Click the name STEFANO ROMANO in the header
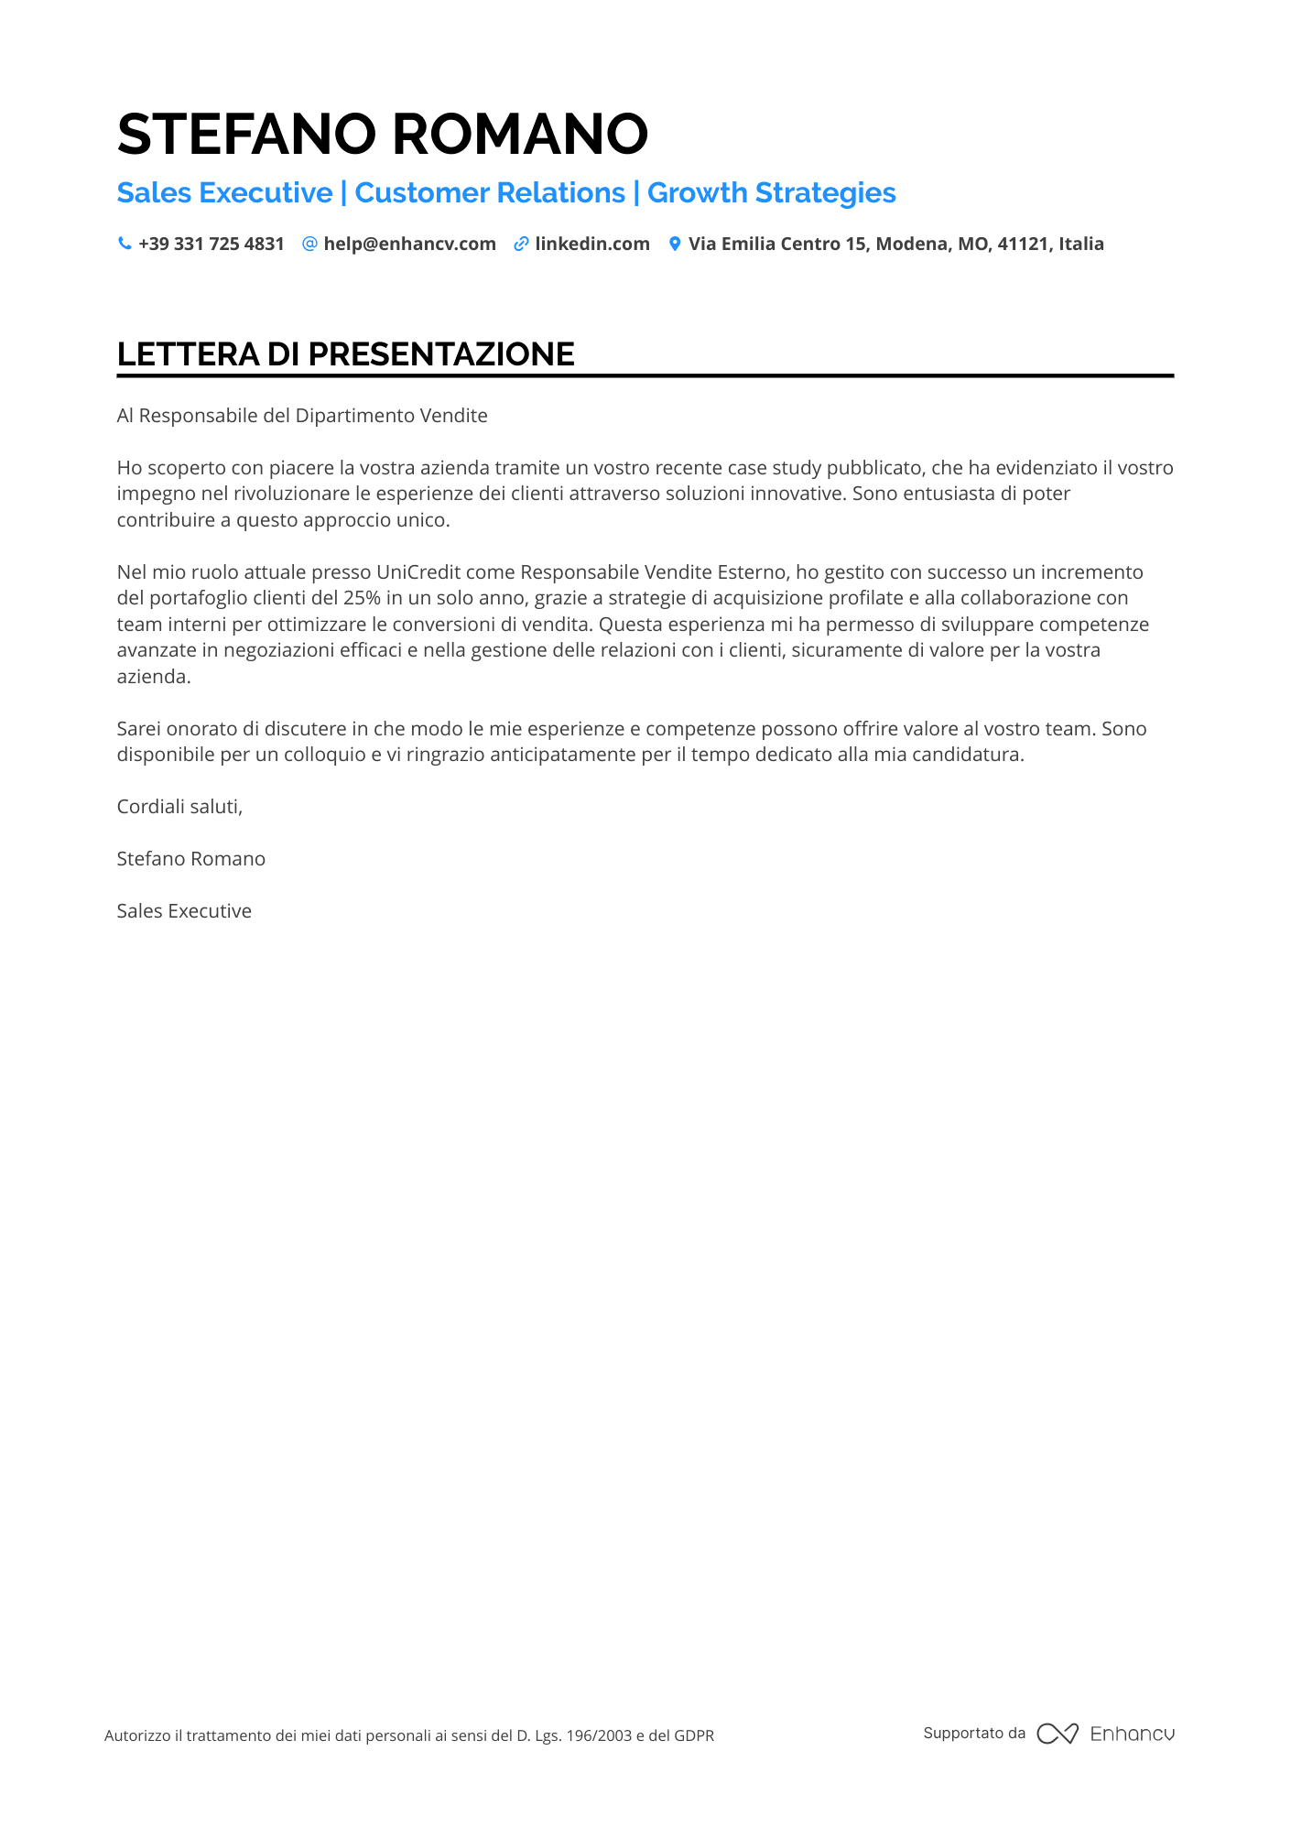click(x=383, y=134)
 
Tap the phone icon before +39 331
click(x=125, y=244)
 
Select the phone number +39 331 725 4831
click(x=212, y=244)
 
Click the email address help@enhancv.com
click(x=409, y=244)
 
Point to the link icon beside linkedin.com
click(x=521, y=244)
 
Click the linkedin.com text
click(x=592, y=244)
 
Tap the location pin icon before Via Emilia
click(x=675, y=244)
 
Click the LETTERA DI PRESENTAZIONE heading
click(x=346, y=354)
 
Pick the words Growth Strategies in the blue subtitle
click(x=771, y=193)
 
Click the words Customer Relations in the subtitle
click(x=490, y=193)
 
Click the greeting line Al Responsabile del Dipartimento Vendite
click(x=302, y=416)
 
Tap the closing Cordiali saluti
click(x=179, y=807)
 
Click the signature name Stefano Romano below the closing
click(x=191, y=859)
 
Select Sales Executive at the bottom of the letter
click(x=184, y=911)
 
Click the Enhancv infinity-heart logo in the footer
click(x=1058, y=1734)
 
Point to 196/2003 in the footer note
click(x=599, y=1735)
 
